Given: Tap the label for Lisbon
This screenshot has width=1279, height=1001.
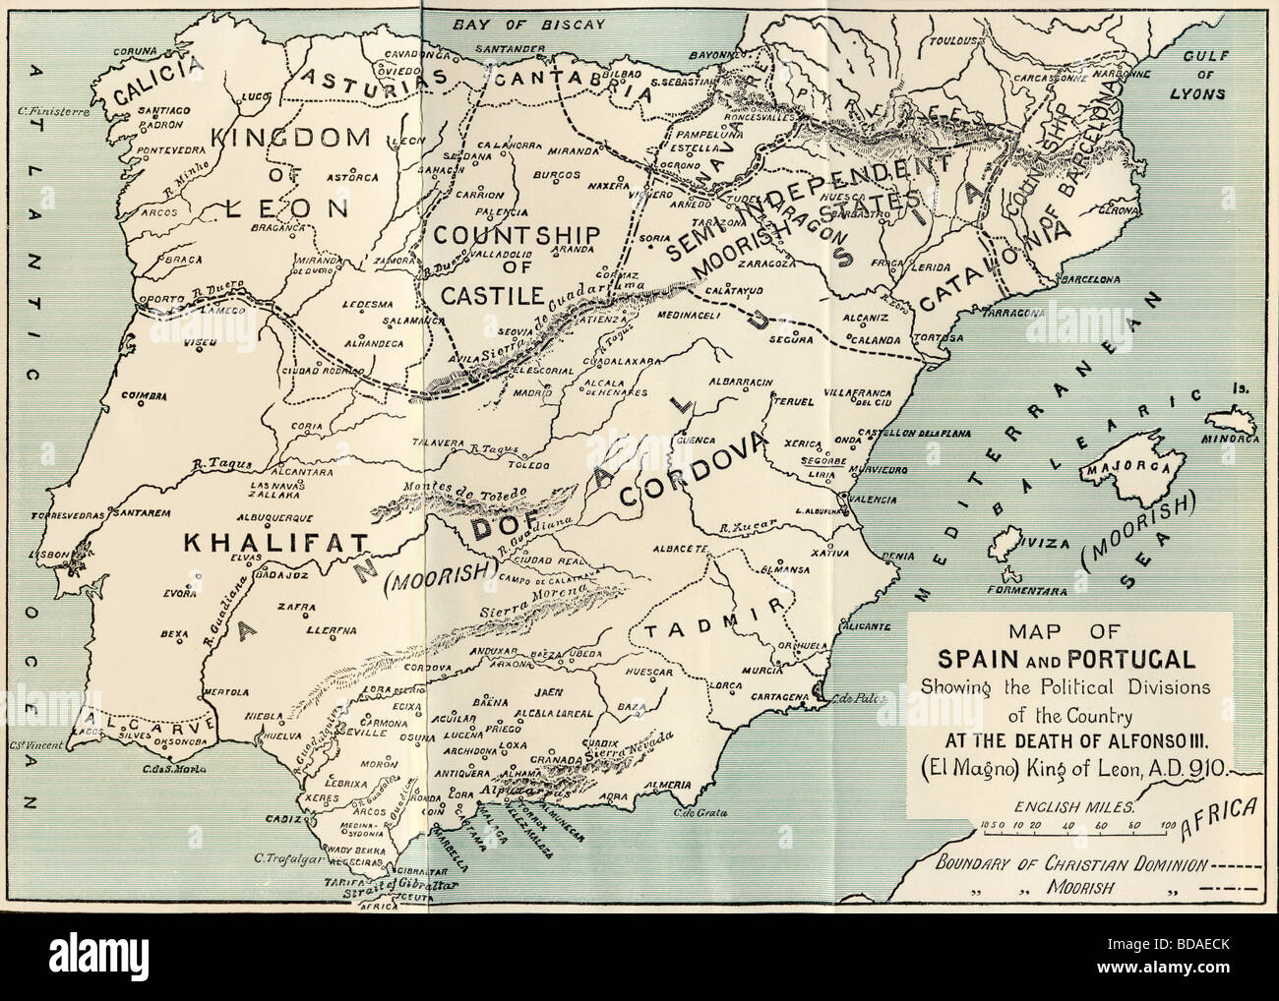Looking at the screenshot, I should click(x=46, y=555).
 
